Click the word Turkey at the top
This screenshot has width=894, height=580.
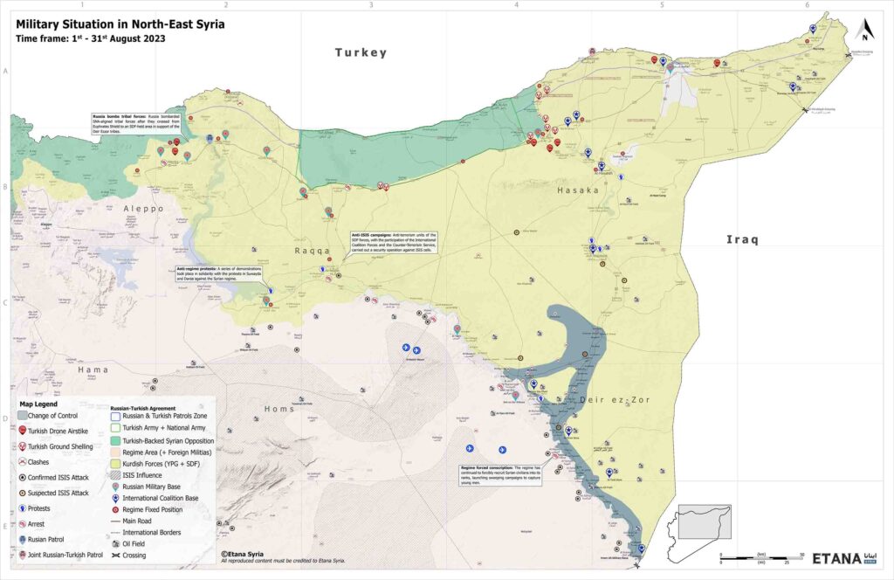[361, 53]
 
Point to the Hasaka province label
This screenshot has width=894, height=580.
[577, 190]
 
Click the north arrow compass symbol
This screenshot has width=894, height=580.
[864, 31]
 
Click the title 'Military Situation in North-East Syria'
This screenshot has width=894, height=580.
[120, 24]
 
